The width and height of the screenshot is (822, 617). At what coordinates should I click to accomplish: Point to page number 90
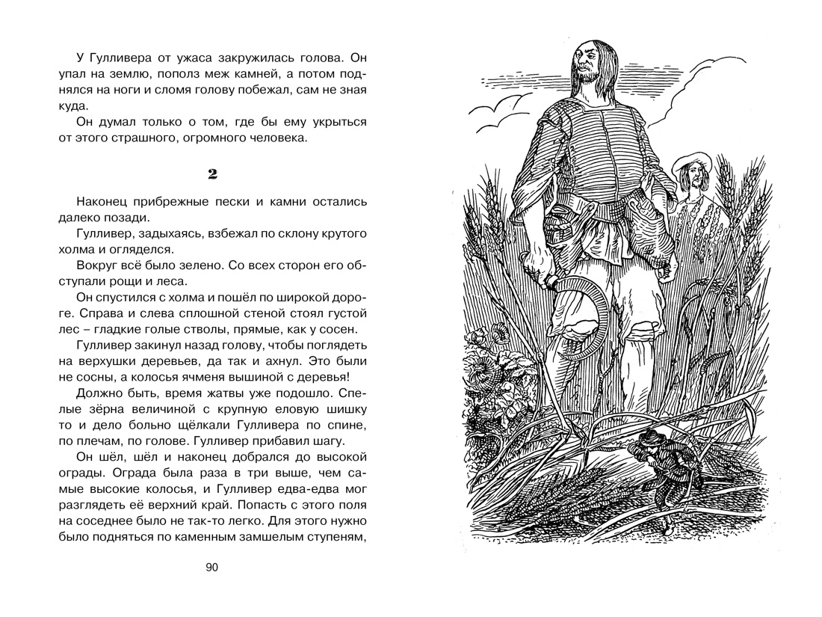[x=211, y=568]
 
